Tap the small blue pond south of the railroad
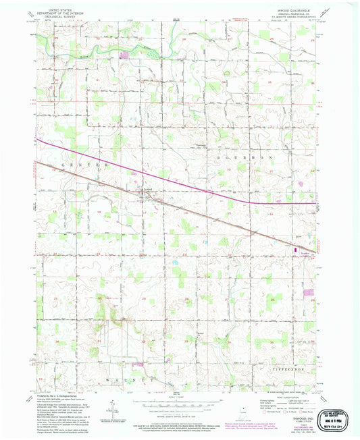point(175,262)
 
